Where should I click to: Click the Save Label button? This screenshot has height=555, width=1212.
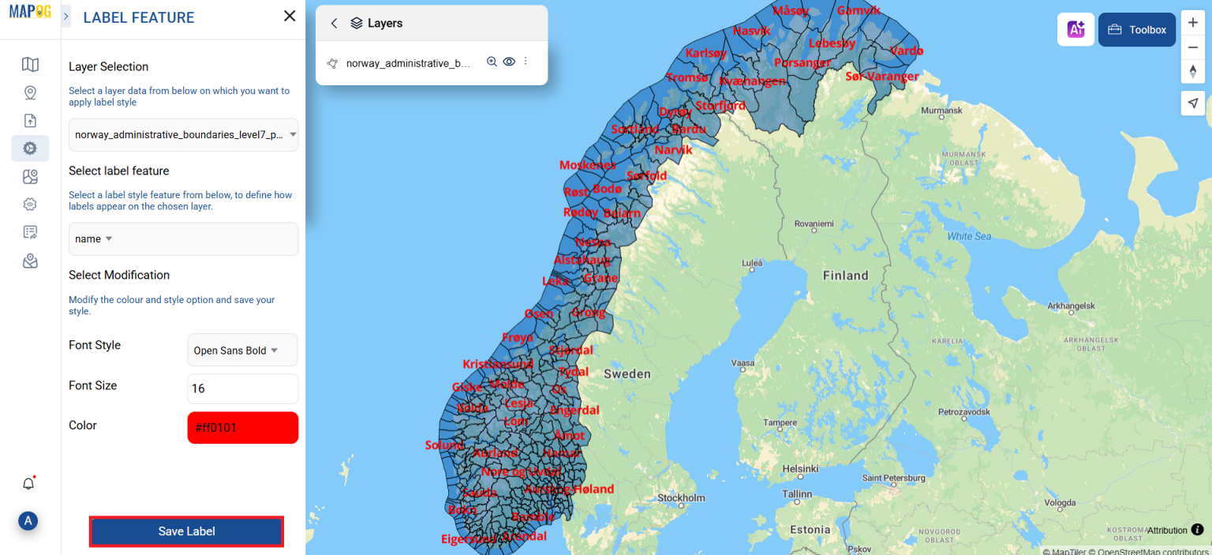pyautogui.click(x=186, y=531)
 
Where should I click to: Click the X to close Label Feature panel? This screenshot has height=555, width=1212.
pyautogui.click(x=290, y=17)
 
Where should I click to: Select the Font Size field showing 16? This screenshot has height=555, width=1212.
pyautogui.click(x=242, y=388)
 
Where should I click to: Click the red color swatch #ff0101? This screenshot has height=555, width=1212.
pyautogui.click(x=242, y=428)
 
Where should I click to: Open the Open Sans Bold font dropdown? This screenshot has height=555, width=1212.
pyautogui.click(x=242, y=351)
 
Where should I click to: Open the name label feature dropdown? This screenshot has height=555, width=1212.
pyautogui.click(x=183, y=239)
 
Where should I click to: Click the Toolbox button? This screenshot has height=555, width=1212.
pyautogui.click(x=1137, y=30)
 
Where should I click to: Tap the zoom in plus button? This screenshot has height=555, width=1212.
pyautogui.click(x=1193, y=24)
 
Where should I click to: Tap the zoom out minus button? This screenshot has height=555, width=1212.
pyautogui.click(x=1193, y=47)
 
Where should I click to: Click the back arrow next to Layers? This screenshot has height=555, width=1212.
pyautogui.click(x=334, y=24)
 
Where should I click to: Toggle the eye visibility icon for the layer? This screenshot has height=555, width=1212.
pyautogui.click(x=509, y=62)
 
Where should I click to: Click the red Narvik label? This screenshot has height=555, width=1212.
pyautogui.click(x=673, y=150)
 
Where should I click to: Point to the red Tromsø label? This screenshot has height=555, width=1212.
pyautogui.click(x=687, y=77)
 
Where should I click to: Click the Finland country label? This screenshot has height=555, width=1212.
pyautogui.click(x=845, y=276)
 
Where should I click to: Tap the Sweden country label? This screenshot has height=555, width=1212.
pyautogui.click(x=627, y=373)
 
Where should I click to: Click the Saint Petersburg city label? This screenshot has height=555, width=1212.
pyautogui.click(x=893, y=478)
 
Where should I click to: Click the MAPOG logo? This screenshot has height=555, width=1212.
pyautogui.click(x=30, y=13)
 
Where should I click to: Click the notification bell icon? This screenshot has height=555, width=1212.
pyautogui.click(x=28, y=484)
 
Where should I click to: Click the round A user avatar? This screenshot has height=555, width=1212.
pyautogui.click(x=28, y=520)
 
